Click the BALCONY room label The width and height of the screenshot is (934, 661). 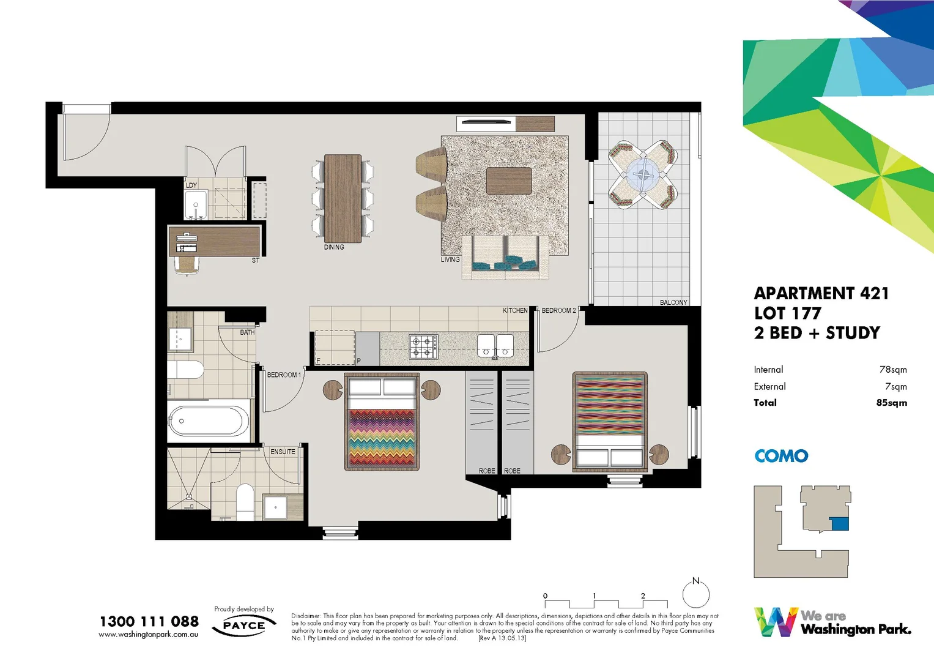[x=673, y=302]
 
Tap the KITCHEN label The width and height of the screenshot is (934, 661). [x=515, y=310]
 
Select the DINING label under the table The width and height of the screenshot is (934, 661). [x=334, y=247]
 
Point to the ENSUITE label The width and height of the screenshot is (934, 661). [x=283, y=452]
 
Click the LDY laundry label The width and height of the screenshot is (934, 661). [x=191, y=185]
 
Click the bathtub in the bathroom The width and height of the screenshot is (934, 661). [x=208, y=421]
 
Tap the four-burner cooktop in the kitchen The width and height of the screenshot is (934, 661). [x=423, y=346]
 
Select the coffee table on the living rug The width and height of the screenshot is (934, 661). [x=509, y=181]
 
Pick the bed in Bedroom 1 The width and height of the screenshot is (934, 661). [x=382, y=422]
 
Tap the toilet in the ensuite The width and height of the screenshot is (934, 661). [x=245, y=500]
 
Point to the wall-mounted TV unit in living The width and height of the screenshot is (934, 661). [x=487, y=122]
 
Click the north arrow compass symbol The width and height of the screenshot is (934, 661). [x=696, y=593]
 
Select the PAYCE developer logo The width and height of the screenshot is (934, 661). [x=244, y=626]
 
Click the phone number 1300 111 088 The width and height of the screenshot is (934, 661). [x=149, y=621]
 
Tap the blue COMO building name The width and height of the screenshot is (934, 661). [x=781, y=456]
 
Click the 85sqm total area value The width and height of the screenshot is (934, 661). [x=891, y=403]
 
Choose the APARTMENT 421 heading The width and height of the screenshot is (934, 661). [x=821, y=294]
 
